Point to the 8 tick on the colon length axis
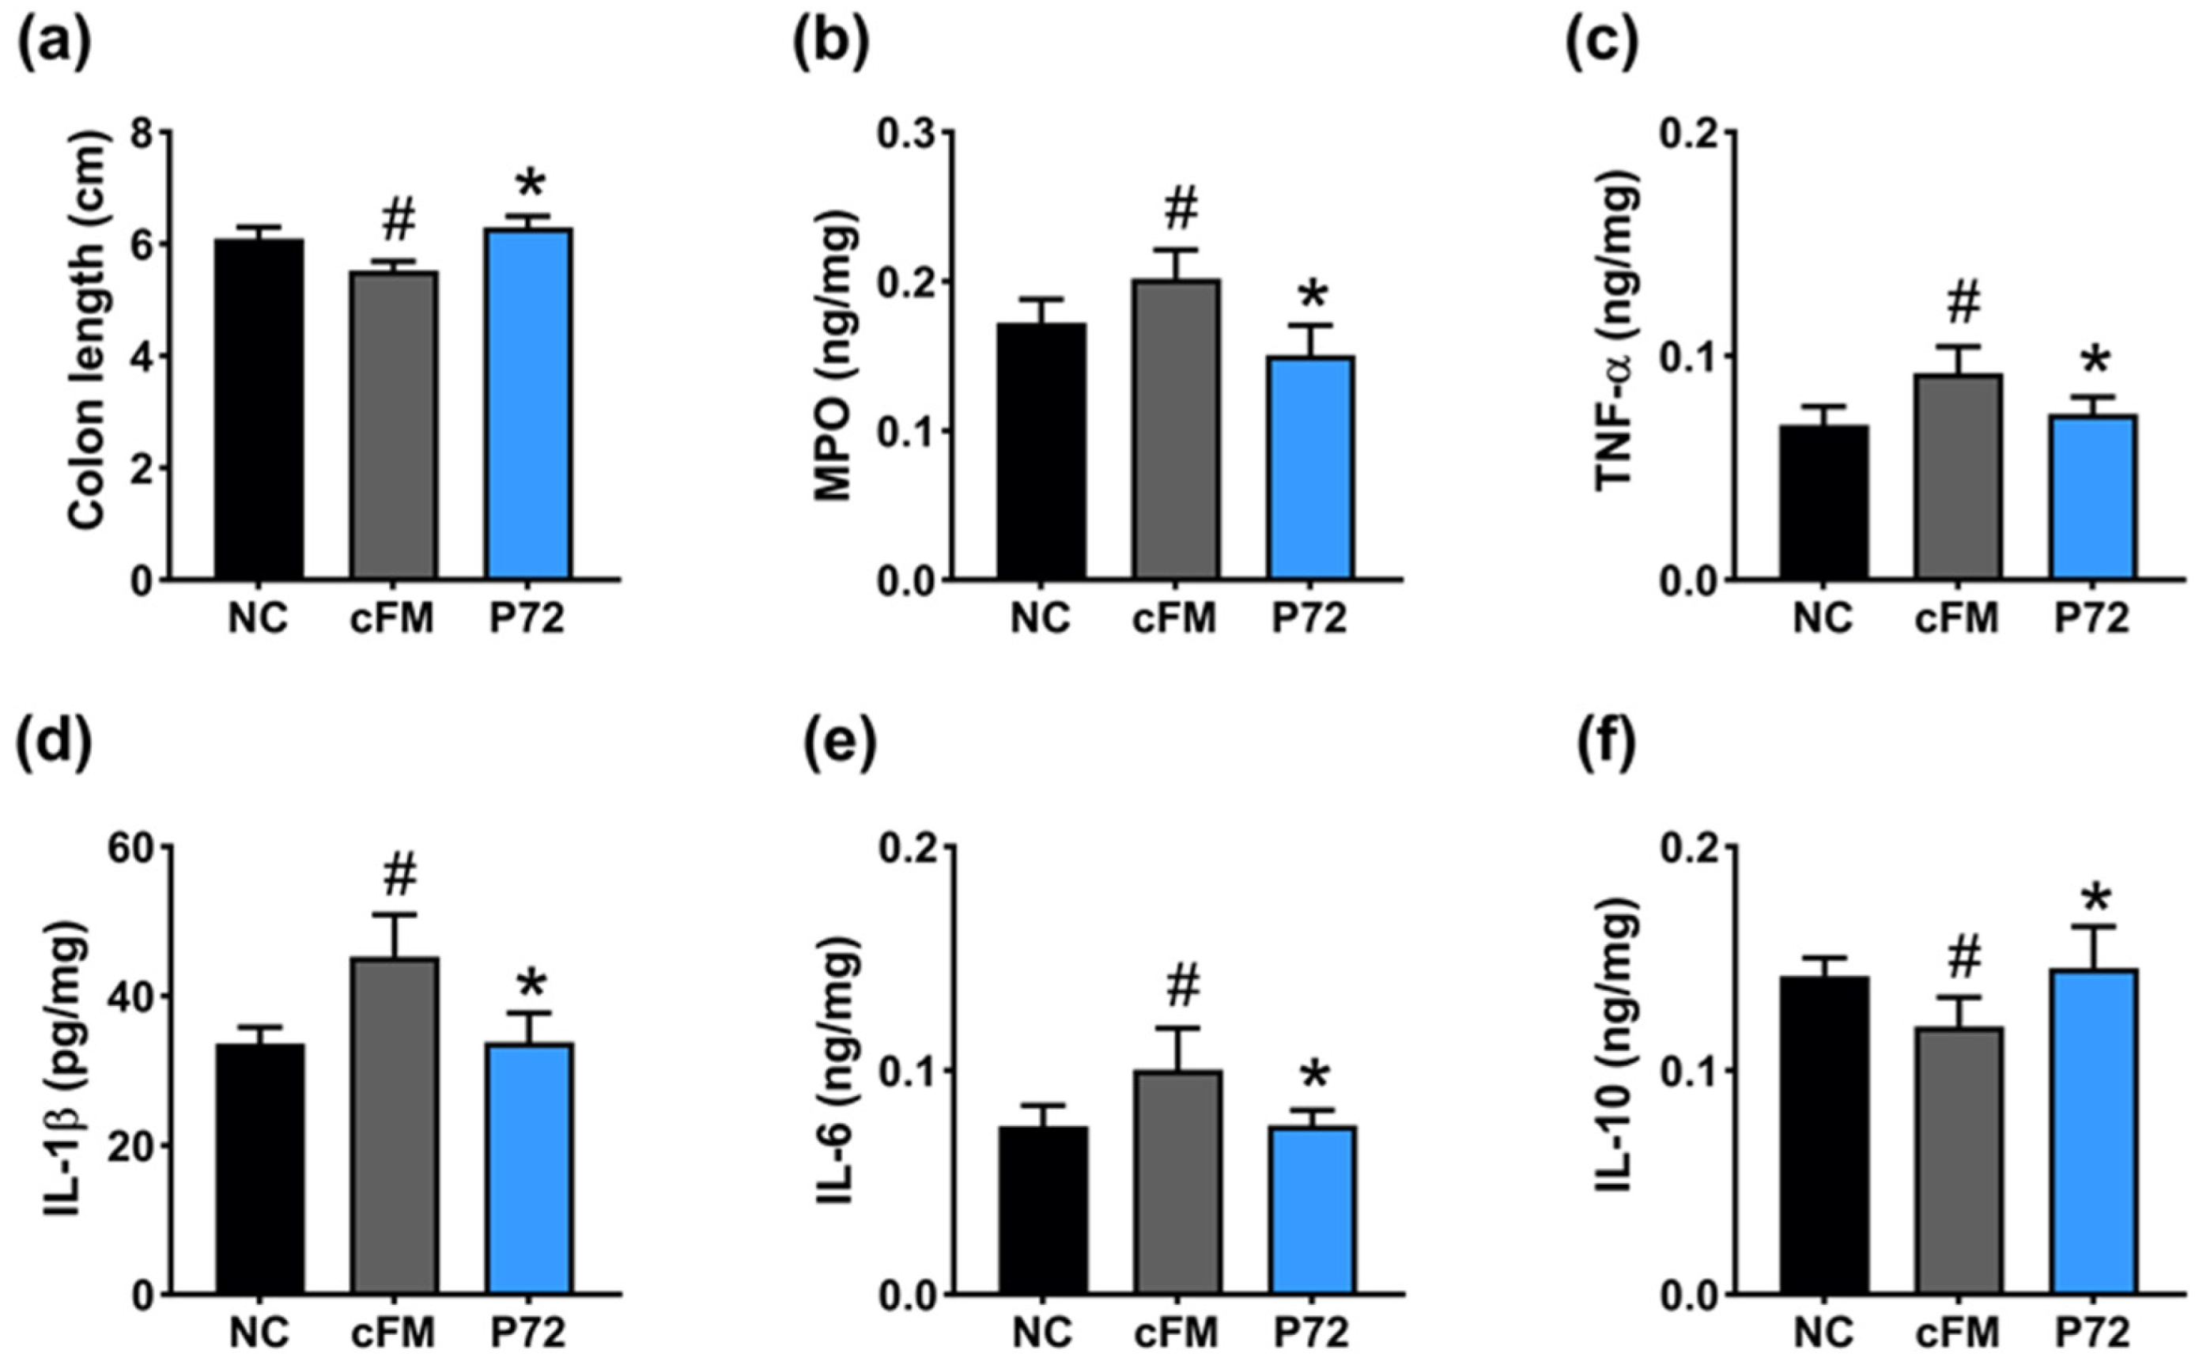[x=141, y=133]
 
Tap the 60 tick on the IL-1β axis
[x=130, y=848]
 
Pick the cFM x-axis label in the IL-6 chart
[x=1177, y=1333]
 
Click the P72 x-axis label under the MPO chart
[x=1310, y=618]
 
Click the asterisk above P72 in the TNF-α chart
[x=2095, y=365]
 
